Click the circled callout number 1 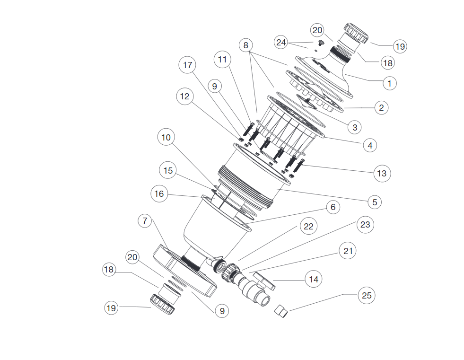click(389, 83)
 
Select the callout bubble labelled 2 click(380, 107)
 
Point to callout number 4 click(370, 145)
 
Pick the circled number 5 click(374, 202)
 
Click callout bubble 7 click(145, 221)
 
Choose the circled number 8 click(245, 46)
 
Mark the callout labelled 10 click(166, 138)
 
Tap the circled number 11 click(222, 60)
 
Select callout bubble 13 click(381, 173)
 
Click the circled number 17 click(187, 65)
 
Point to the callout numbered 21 click(348, 250)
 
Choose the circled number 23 click(365, 224)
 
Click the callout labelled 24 click(281, 42)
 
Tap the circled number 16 click(159, 193)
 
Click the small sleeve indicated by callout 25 click(282, 311)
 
